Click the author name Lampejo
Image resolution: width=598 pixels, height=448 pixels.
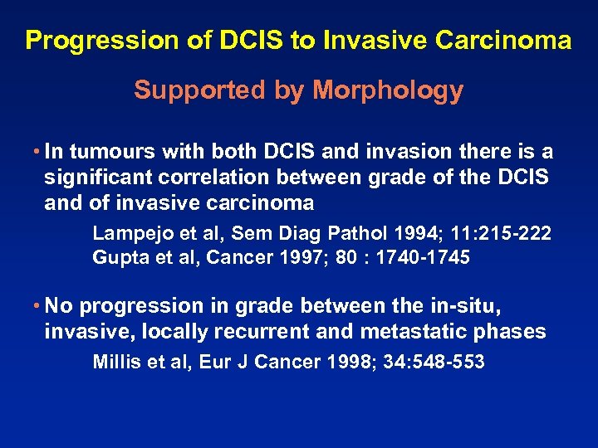tap(126, 232)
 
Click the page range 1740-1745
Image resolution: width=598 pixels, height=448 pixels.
tap(424, 258)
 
